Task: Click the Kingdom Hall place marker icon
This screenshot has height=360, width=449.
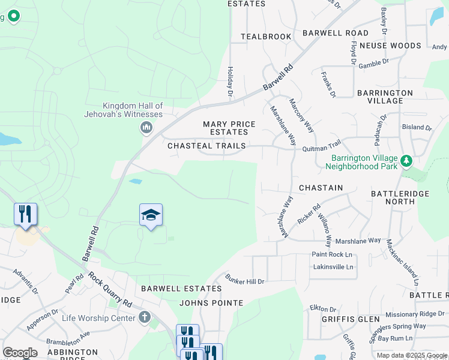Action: [146, 127]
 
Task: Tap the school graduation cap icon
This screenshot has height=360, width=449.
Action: [151, 215]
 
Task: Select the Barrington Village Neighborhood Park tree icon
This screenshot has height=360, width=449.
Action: [406, 161]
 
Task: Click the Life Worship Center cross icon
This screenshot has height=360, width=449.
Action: [144, 317]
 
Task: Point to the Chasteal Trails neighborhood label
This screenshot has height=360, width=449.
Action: [206, 146]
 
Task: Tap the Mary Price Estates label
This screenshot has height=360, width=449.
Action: [229, 128]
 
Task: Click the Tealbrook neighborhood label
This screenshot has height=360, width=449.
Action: [266, 37]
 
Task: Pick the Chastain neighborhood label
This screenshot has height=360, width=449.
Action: [321, 188]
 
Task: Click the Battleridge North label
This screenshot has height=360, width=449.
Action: [393, 197]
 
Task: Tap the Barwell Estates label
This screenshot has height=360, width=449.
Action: [173, 289]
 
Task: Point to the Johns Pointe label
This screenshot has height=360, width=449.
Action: [211, 303]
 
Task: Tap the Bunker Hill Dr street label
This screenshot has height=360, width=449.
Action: [244, 279]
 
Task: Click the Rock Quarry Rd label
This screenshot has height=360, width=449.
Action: [110, 290]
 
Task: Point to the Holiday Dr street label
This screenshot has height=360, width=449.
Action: [230, 82]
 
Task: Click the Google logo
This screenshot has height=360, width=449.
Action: [20, 353]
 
